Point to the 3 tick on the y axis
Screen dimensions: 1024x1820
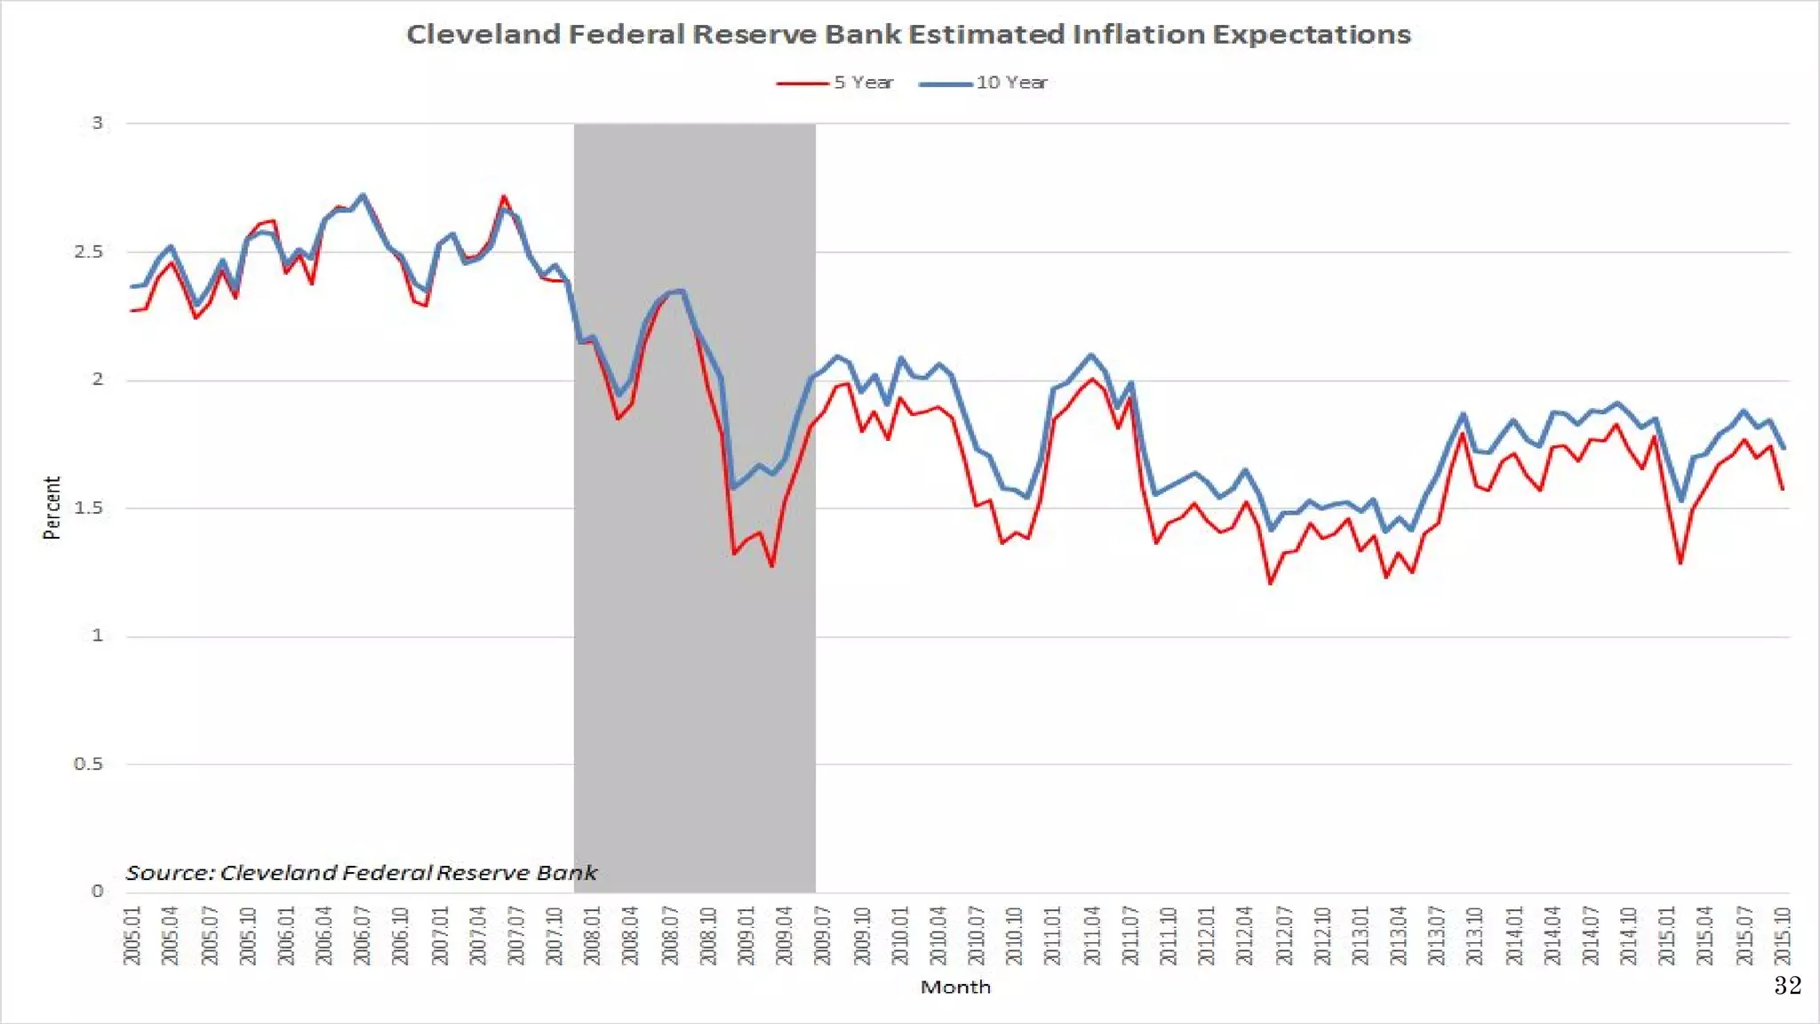98,123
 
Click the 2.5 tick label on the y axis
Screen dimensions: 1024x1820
89,252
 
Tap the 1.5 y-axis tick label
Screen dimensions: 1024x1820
89,508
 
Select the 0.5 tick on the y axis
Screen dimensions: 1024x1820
89,764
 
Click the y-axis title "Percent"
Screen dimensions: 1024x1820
52,508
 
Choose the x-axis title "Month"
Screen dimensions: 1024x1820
955,987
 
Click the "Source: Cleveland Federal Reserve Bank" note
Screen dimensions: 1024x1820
361,873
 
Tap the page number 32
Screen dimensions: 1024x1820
1787,985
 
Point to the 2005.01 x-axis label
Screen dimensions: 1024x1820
132,935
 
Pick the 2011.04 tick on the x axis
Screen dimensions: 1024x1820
1092,935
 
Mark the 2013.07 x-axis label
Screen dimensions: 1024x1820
1437,935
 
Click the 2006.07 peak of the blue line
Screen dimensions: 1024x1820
363,196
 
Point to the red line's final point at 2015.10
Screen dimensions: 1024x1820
1783,489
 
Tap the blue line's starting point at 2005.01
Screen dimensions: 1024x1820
132,286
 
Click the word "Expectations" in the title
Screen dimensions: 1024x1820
1312,35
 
